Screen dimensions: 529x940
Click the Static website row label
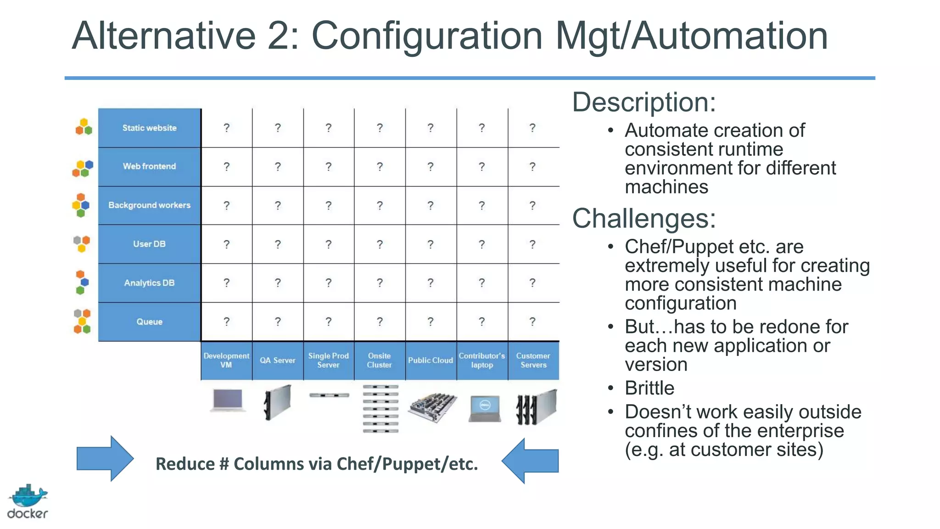(x=149, y=128)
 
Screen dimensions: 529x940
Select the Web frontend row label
(x=149, y=166)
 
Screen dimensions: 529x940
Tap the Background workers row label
(x=149, y=205)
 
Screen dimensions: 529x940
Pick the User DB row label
(x=149, y=244)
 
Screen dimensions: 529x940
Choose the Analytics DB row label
(x=149, y=283)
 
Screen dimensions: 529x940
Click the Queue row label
(x=149, y=321)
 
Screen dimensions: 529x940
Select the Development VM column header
(x=226, y=360)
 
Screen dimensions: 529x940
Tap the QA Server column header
(x=278, y=360)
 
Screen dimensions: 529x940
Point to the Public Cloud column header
(x=431, y=360)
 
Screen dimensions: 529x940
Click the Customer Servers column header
(x=533, y=360)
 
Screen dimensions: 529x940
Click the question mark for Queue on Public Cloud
(x=431, y=321)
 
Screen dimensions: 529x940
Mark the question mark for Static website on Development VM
(x=227, y=128)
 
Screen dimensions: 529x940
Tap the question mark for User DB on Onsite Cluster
(x=380, y=244)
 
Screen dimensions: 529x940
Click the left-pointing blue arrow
(x=531, y=461)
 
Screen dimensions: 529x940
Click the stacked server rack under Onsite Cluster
(x=380, y=409)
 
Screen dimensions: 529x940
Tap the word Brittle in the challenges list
(x=649, y=388)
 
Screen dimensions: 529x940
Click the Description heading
(x=643, y=102)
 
